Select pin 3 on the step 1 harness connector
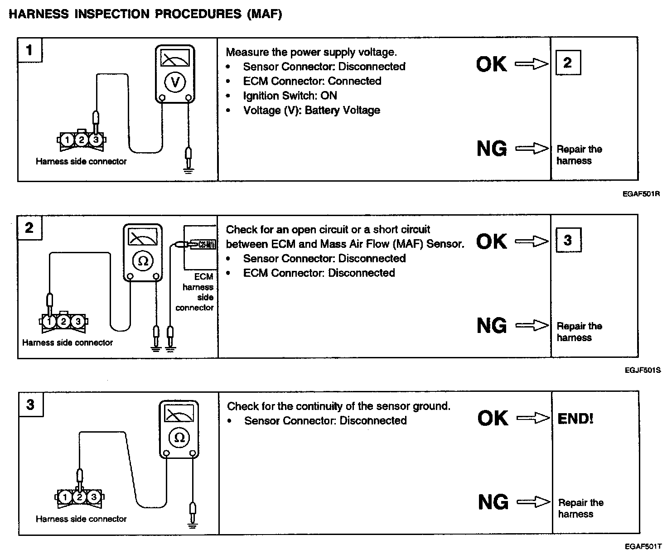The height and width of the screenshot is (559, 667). (96, 140)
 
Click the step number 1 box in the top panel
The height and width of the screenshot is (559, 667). (30, 49)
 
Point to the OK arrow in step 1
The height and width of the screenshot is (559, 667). (532, 65)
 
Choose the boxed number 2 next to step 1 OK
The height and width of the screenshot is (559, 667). (568, 63)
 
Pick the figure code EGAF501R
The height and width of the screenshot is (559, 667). (641, 194)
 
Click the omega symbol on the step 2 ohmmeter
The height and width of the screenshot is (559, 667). (143, 260)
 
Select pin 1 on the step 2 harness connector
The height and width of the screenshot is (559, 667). (49, 322)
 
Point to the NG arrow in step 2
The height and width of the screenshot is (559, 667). (532, 325)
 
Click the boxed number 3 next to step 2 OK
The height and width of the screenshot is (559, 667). (568, 240)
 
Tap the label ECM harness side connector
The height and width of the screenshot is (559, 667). (198, 292)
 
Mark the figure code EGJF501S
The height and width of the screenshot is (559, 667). (642, 370)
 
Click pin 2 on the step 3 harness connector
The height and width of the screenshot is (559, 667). (79, 497)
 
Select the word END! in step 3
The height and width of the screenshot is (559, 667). (575, 418)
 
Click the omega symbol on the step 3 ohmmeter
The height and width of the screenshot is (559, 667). (179, 437)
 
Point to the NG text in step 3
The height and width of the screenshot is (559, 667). (493, 502)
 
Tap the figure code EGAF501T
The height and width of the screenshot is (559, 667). (643, 547)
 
